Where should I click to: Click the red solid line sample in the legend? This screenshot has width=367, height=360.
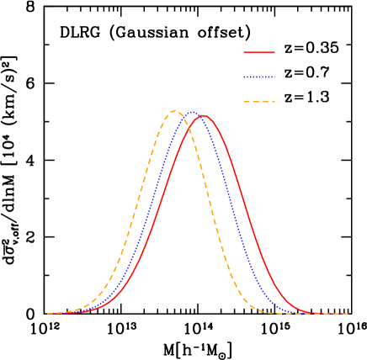click(x=259, y=52)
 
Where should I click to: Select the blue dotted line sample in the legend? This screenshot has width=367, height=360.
click(x=259, y=77)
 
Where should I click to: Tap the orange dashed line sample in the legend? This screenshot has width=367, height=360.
click(x=259, y=101)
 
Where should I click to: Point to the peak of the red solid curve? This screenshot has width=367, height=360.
click(x=202, y=116)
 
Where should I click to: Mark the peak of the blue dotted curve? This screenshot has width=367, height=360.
click(x=192, y=112)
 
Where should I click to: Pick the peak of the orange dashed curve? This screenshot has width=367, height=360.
click(x=174, y=110)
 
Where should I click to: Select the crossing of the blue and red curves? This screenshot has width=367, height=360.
click(x=197, y=117)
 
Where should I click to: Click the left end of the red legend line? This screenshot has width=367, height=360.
click(x=244, y=52)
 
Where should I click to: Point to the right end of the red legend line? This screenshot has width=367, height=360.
click(x=274, y=52)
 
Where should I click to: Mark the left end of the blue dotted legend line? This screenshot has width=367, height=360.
click(x=244, y=77)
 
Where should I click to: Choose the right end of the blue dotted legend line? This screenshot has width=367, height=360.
click(x=274, y=77)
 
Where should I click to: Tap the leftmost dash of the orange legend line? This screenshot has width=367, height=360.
click(x=247, y=101)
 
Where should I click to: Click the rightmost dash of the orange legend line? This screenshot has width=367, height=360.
click(x=272, y=101)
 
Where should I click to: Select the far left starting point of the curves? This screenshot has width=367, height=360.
click(x=47, y=313)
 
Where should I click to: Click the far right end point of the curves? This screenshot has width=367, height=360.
click(x=348, y=314)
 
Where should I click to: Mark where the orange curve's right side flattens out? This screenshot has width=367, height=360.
click(x=265, y=312)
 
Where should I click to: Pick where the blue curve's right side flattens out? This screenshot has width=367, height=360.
click(x=290, y=312)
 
